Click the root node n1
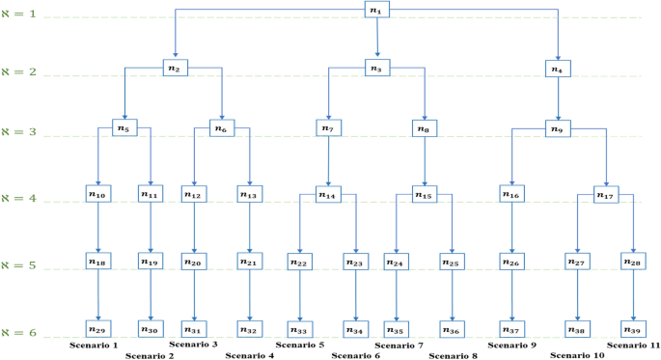(377, 10)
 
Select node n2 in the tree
(176, 68)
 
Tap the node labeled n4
(558, 69)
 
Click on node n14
(329, 195)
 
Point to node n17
(606, 195)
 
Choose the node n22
(300, 262)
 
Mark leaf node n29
(98, 329)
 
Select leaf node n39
(634, 329)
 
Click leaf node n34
(357, 330)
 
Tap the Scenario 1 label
(93, 345)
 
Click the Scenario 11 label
(633, 345)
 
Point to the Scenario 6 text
(356, 355)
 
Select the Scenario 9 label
(512, 345)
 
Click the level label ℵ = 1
(19, 16)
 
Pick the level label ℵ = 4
(19, 199)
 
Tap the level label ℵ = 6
(19, 333)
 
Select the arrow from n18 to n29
(98, 295)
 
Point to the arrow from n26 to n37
(512, 295)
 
